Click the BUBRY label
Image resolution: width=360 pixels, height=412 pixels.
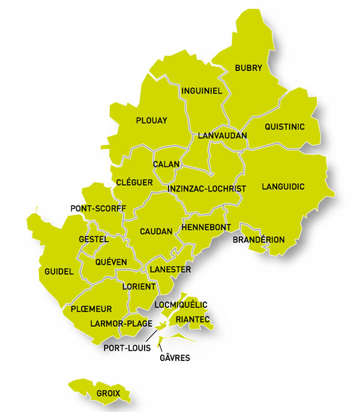point(249,68)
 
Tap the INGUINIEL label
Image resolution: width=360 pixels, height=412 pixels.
point(202,91)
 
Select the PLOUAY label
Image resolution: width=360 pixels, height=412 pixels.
point(152,120)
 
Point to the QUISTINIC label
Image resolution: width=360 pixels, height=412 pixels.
point(285,127)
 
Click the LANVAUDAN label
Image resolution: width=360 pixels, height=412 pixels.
point(223,136)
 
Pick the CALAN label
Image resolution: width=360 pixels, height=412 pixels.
point(163,165)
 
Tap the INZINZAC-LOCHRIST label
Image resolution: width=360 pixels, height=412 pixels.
point(207,189)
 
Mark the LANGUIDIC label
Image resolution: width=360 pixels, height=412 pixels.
point(283,187)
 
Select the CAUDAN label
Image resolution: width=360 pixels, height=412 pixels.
point(156,231)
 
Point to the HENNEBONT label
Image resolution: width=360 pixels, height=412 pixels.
point(202,229)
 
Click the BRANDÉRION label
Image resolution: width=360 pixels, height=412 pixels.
point(259,240)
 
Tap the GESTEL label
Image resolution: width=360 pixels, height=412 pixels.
point(94,239)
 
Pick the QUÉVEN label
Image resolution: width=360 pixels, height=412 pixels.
point(111,262)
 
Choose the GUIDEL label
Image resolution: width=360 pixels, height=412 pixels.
point(59,271)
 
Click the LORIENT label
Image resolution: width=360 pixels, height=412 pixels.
point(139,286)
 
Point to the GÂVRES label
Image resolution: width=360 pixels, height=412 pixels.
point(175,358)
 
